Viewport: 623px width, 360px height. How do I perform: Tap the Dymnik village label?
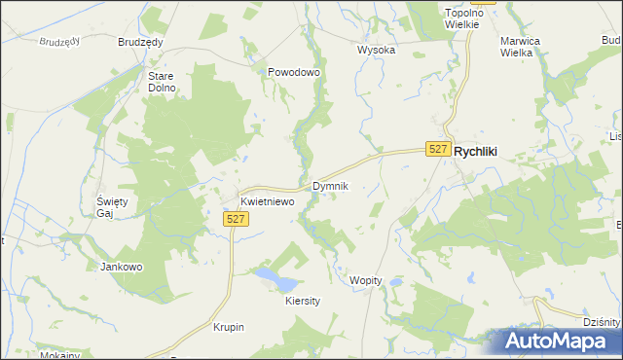tap(330, 185)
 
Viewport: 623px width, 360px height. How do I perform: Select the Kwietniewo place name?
tap(268, 201)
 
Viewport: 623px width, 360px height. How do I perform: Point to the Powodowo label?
tap(294, 72)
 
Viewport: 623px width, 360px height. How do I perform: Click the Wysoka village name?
tap(376, 50)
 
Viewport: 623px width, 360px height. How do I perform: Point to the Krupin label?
tap(229, 327)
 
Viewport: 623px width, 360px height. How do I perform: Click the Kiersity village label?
tap(303, 302)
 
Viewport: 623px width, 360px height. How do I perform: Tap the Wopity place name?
tap(366, 280)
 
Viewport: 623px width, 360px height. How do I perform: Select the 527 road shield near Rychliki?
tap(439, 149)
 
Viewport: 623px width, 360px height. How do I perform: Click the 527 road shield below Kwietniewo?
tap(236, 220)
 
